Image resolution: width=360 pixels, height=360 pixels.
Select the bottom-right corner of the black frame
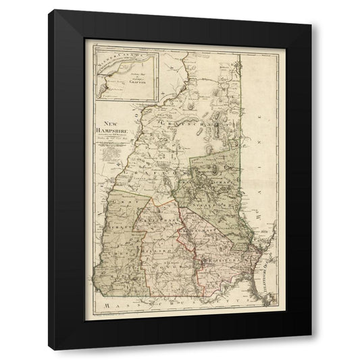pos(311,350)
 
